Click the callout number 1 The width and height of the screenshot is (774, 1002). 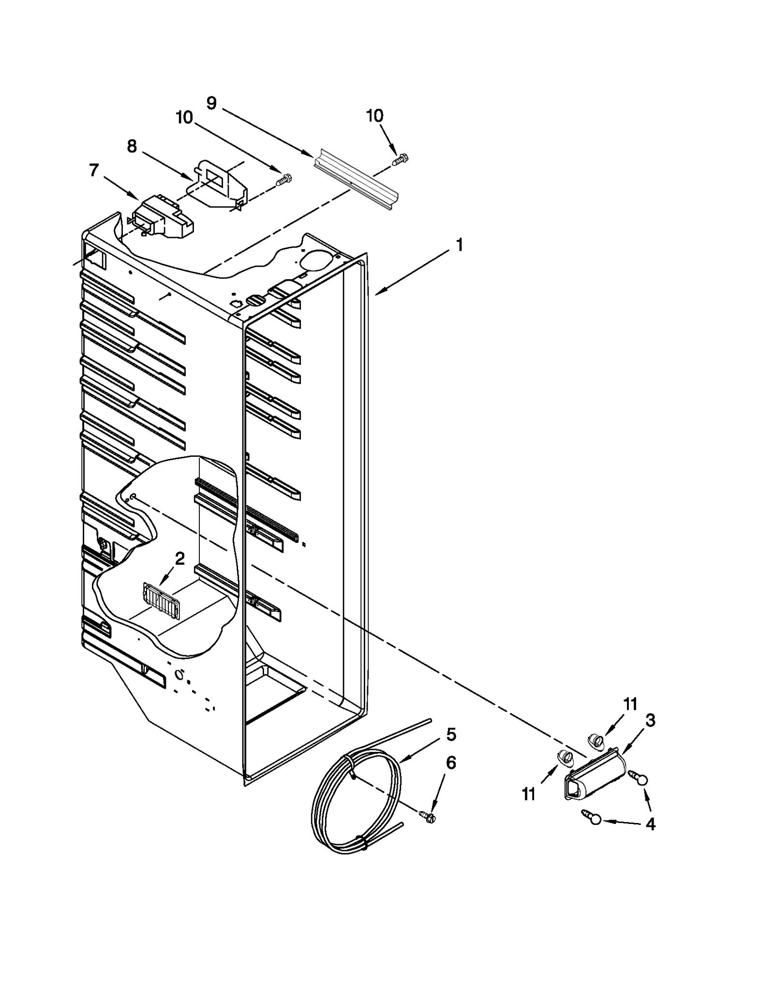pyautogui.click(x=459, y=245)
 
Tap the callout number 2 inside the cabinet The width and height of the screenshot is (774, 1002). pyautogui.click(x=179, y=559)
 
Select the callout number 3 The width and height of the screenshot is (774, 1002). pyautogui.click(x=650, y=720)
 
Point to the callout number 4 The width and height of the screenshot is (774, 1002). pyautogui.click(x=651, y=824)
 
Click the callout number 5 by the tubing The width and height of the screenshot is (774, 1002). pyautogui.click(x=451, y=734)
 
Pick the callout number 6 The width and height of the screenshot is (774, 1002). pyautogui.click(x=451, y=763)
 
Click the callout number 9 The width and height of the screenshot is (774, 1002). pyautogui.click(x=211, y=103)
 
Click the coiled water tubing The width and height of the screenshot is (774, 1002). pyautogui.click(x=356, y=803)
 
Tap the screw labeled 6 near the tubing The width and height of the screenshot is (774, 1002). pyautogui.click(x=428, y=817)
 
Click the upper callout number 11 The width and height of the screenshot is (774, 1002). pyautogui.click(x=630, y=704)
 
